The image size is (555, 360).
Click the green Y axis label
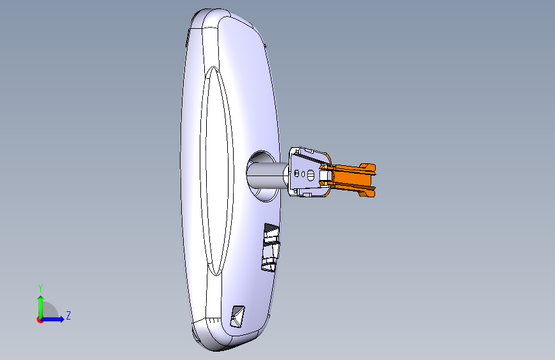pyautogui.click(x=40, y=288)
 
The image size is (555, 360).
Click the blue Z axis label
pyautogui.click(x=68, y=315)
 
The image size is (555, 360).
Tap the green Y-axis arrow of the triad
pyautogui.click(x=41, y=307)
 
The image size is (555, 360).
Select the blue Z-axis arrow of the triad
pyautogui.click(x=52, y=319)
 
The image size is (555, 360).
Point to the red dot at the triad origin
pyautogui.click(x=39, y=320)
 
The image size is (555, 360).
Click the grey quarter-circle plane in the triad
pyautogui.click(x=49, y=311)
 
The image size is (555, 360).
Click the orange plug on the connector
pyautogui.click(x=349, y=179)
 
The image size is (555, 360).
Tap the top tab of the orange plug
pyautogui.click(x=367, y=167)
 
